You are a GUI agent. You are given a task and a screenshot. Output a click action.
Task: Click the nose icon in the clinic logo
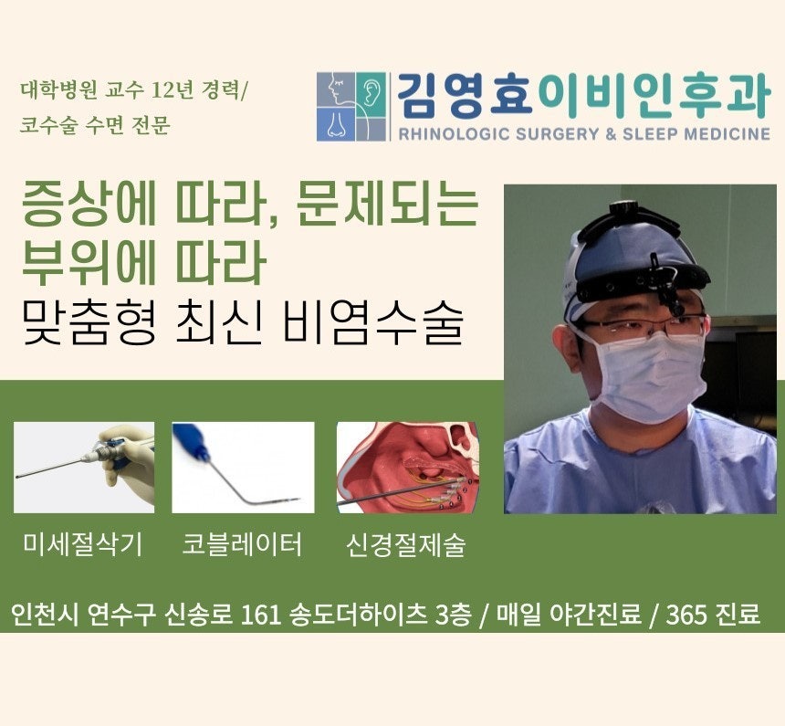(336, 125)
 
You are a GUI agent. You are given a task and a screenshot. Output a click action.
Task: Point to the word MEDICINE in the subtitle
(727, 134)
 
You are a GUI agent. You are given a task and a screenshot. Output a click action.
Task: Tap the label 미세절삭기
(83, 544)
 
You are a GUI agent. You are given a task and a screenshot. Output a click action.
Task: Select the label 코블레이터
(242, 544)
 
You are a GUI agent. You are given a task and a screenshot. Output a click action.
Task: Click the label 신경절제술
(406, 544)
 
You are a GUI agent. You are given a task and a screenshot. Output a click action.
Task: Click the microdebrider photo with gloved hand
(84, 468)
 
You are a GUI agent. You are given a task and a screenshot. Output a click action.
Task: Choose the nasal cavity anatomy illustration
(408, 468)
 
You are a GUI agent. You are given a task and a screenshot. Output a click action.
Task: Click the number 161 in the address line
(260, 615)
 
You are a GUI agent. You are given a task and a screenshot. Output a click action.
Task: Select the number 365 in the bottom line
(686, 615)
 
